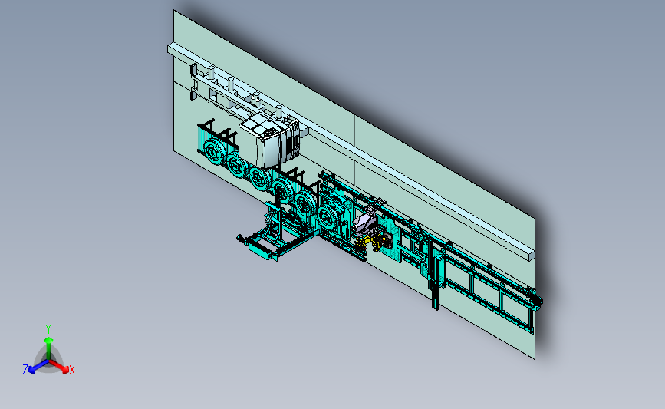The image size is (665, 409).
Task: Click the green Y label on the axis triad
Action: point(48,329)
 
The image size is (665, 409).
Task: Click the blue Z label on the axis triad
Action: point(25,370)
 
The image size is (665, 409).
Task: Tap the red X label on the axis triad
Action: point(71,370)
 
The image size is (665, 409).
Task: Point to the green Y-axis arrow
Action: point(48,348)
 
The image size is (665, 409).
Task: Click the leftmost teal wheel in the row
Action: point(213,150)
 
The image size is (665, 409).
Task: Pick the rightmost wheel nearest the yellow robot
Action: point(327,218)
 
